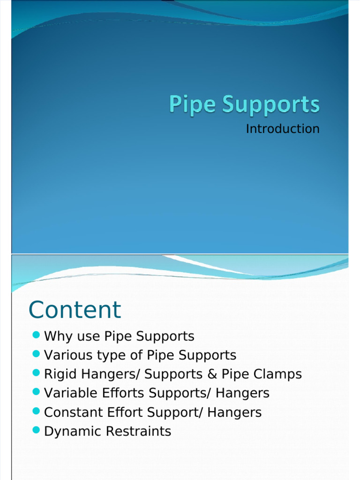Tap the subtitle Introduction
(283, 129)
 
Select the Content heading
(75, 310)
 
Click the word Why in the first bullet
(56, 337)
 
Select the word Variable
(68, 393)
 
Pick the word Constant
(69, 412)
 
